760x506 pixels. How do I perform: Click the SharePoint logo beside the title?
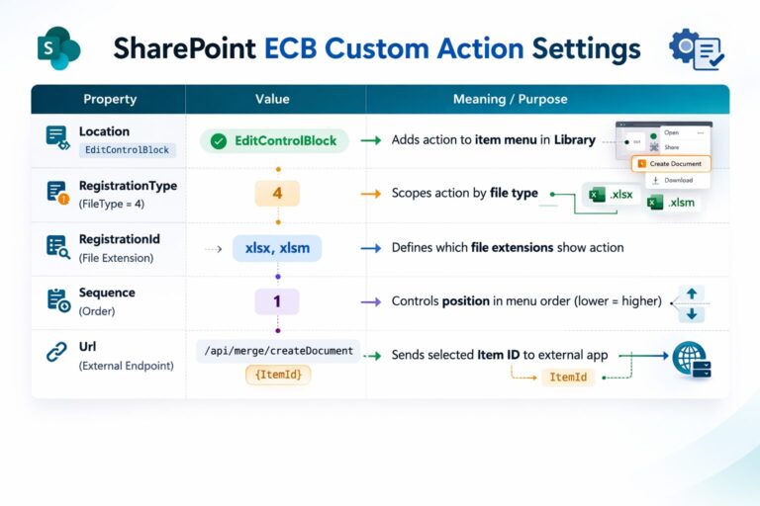coord(57,48)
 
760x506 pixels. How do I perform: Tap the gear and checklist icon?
coord(697,48)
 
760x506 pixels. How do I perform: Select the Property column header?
coord(110,99)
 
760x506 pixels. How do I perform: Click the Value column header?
coord(272,99)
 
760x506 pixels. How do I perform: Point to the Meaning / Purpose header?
coord(510,99)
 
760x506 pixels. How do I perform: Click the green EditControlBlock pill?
coord(275,140)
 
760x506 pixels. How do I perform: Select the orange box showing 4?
coord(277,193)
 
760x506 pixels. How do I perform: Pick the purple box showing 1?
coord(277,301)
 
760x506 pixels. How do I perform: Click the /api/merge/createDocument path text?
coord(277,351)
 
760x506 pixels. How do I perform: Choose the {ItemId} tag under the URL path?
coord(277,375)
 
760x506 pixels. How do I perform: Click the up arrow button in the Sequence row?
coord(692,294)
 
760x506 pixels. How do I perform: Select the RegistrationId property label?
coord(120,238)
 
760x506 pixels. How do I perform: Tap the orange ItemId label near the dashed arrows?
coord(567,378)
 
